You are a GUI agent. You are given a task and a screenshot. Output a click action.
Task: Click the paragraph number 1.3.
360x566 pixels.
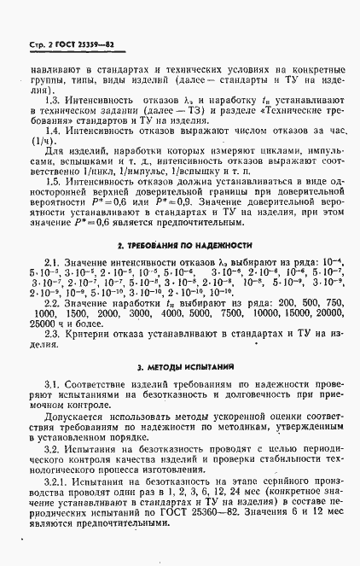click(52, 101)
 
